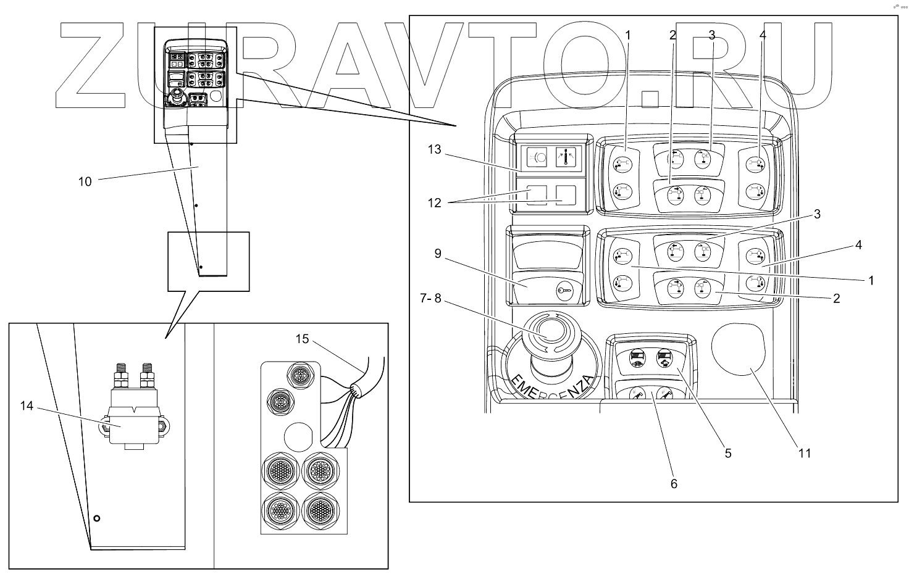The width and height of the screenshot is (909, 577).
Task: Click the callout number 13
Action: (434, 149)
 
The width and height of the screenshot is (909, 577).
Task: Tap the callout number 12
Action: (434, 203)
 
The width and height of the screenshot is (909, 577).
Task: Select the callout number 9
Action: (438, 254)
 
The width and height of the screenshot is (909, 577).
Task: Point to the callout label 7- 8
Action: (430, 299)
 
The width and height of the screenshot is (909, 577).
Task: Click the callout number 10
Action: (85, 181)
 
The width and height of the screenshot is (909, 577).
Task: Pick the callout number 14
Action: (27, 406)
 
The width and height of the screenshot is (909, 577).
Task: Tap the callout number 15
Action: (302, 339)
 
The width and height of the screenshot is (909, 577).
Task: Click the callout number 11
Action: (805, 454)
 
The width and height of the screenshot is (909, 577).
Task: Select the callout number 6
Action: (674, 484)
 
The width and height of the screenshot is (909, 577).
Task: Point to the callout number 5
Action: (728, 454)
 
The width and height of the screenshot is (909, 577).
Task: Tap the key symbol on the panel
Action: (565, 291)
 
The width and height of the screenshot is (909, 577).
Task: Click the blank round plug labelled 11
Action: (738, 349)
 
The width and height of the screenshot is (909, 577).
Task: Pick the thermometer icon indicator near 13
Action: (568, 157)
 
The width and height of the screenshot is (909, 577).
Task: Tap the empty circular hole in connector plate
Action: (298, 437)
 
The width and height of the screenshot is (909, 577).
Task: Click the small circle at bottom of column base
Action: (96, 518)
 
